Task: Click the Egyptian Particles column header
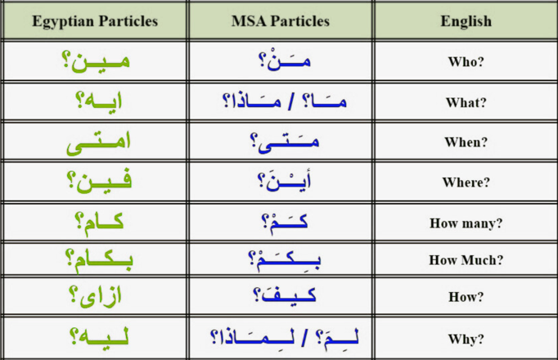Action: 95,21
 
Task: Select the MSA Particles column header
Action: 281,21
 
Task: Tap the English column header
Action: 466,21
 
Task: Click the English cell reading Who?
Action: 466,62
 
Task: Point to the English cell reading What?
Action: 466,102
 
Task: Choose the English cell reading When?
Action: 466,142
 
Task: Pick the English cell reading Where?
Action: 466,182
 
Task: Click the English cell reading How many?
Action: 466,223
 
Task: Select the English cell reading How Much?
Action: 466,260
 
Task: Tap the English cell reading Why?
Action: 466,339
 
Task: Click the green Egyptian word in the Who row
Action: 96,61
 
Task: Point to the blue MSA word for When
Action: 285,142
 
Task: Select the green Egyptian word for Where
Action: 99,182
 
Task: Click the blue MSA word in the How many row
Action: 285,223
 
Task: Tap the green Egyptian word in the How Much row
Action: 99,261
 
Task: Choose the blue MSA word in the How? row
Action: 285,296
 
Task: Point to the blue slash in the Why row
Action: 304,337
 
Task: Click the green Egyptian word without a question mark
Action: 98,142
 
